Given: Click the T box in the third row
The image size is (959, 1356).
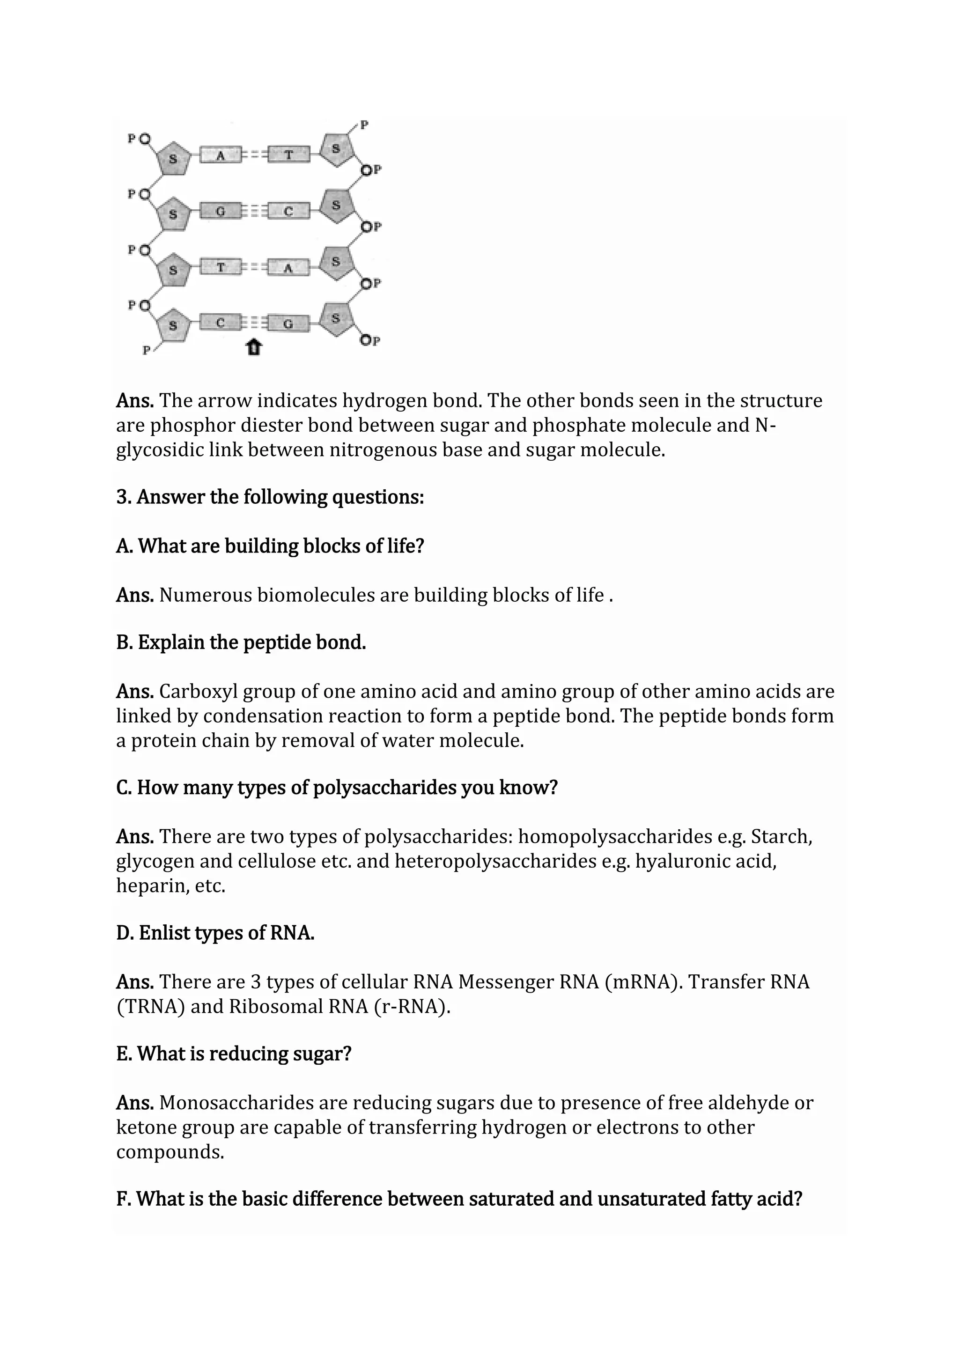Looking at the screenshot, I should coord(220,267).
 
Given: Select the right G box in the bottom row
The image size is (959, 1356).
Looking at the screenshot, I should coord(288,324).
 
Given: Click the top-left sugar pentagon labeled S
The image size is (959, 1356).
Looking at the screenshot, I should coord(173,158).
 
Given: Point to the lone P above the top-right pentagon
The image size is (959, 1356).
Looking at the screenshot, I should coord(364,125).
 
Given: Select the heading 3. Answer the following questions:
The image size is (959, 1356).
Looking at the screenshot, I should coord(270,497).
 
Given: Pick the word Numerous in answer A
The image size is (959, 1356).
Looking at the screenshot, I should coord(205,595).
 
